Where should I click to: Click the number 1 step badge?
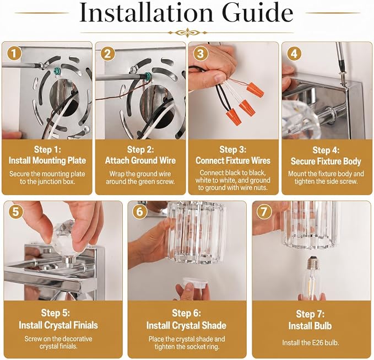point(14,53)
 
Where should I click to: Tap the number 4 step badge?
point(294,53)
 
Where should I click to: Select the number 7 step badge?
point(264,212)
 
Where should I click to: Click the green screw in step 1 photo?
point(57,71)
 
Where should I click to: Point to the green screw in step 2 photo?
point(148,76)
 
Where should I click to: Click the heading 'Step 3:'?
point(233,149)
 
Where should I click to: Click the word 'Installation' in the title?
point(146,13)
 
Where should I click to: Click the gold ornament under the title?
point(187,33)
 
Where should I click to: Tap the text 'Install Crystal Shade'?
point(186,325)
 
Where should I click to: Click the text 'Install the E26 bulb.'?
point(311,343)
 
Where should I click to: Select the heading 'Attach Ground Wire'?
point(140,160)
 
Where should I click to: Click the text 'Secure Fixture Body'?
point(326,162)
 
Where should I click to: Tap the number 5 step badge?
point(15,212)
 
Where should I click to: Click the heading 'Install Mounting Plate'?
point(47,160)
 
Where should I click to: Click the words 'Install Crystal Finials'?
point(58,325)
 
